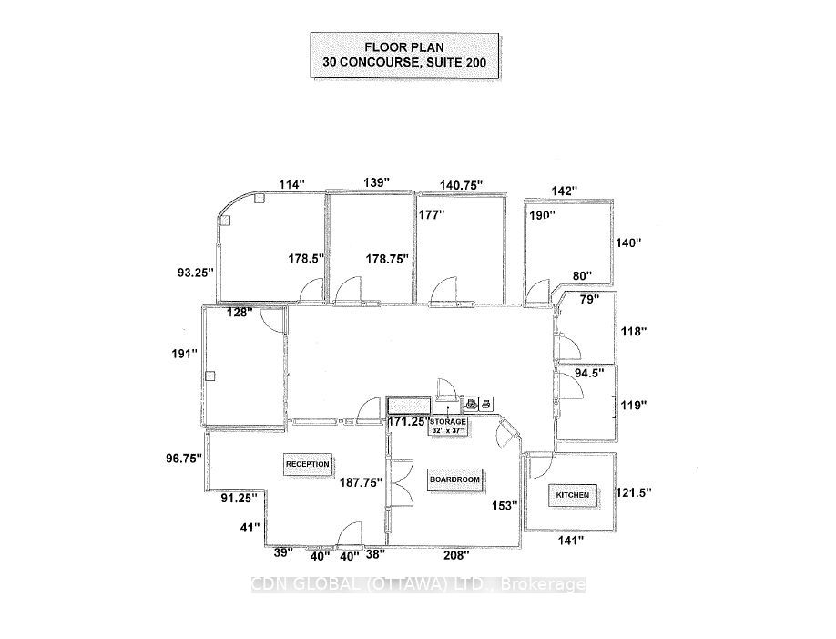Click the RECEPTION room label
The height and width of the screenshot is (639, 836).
[x=307, y=463]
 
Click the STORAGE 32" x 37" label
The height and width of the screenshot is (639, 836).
[x=449, y=427]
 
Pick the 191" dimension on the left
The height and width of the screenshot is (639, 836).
[x=187, y=354]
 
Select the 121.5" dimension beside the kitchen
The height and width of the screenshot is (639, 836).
[x=635, y=491]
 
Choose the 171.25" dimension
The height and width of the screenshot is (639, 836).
[x=407, y=422]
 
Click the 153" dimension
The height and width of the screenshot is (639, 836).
[x=504, y=504]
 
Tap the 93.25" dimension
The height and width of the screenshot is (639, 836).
[x=196, y=271]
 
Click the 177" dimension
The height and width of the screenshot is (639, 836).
[x=432, y=215]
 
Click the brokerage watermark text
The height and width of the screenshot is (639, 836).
[x=418, y=585]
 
